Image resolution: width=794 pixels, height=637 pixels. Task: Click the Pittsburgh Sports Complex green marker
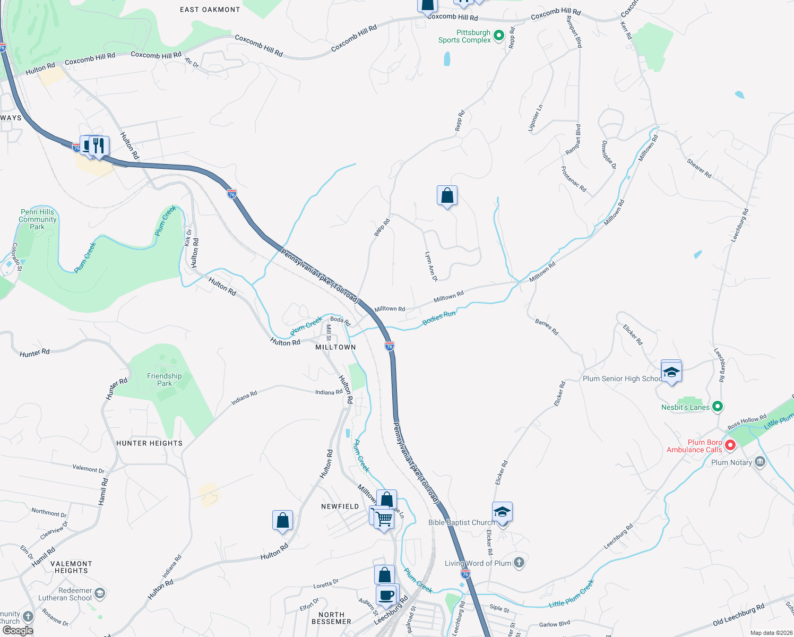(x=498, y=36)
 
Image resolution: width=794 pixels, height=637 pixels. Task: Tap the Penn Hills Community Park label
(x=37, y=219)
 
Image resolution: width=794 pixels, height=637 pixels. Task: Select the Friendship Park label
(x=165, y=380)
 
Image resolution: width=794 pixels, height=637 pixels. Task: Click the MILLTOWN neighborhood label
(x=335, y=347)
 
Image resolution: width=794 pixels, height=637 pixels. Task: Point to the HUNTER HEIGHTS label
(x=149, y=443)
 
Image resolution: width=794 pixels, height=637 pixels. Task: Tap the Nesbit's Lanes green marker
(x=718, y=407)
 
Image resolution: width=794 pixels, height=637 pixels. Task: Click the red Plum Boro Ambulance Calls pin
(x=730, y=445)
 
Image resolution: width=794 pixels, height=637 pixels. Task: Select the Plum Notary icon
(x=760, y=462)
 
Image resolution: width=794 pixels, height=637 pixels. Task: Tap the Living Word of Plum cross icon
(x=519, y=563)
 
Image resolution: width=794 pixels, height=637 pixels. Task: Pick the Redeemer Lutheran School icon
(x=99, y=593)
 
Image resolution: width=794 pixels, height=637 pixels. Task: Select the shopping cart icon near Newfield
(x=384, y=518)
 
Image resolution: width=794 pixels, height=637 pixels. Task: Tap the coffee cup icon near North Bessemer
(x=387, y=595)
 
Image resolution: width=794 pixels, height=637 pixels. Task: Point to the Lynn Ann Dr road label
(x=431, y=266)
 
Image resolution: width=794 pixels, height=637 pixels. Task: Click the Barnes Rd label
(x=547, y=327)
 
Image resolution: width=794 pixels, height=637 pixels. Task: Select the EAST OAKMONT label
(x=210, y=10)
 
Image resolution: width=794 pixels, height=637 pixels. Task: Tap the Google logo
(x=18, y=630)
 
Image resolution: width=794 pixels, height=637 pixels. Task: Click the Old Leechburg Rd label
(x=738, y=614)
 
